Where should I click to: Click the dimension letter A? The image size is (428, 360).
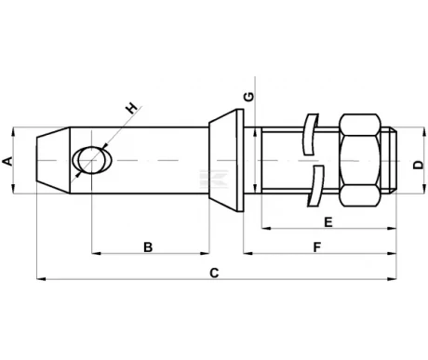click(x=9, y=161)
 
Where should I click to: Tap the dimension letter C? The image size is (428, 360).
click(x=213, y=273)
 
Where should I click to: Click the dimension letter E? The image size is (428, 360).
click(x=328, y=221)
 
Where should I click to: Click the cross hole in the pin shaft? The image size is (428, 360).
click(x=92, y=161)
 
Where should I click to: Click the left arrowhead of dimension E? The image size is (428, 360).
click(x=266, y=226)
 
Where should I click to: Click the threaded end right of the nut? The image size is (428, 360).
click(x=395, y=160)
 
